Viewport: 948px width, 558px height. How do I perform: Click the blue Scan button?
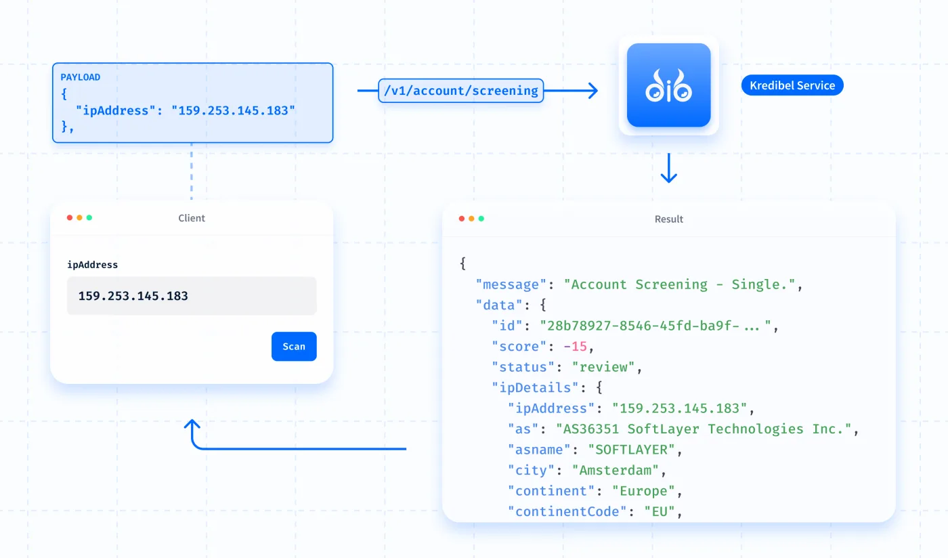pyautogui.click(x=294, y=346)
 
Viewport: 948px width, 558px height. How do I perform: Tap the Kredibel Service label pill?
pyautogui.click(x=792, y=85)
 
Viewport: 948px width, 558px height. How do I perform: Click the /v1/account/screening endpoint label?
pyautogui.click(x=461, y=91)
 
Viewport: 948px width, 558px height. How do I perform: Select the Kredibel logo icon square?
pyautogui.click(x=669, y=85)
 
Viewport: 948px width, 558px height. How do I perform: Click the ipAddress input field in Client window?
pyautogui.click(x=192, y=295)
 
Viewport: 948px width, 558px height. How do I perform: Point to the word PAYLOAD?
pyautogui.click(x=81, y=77)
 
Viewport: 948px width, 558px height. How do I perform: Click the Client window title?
pyautogui.click(x=191, y=218)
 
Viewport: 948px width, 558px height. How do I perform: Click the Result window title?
pyautogui.click(x=669, y=219)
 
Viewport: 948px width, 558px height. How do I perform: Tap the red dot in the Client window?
pyautogui.click(x=70, y=217)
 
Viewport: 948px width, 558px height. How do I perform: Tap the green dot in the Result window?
pyautogui.click(x=481, y=219)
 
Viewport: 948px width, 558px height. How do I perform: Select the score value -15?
pyautogui.click(x=576, y=346)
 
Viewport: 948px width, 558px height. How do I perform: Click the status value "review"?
pyautogui.click(x=603, y=367)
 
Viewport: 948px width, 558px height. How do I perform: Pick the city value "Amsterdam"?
pyautogui.click(x=616, y=470)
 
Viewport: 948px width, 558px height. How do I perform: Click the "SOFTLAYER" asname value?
pyautogui.click(x=631, y=450)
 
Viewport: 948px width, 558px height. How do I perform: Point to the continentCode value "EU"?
pyautogui.click(x=660, y=511)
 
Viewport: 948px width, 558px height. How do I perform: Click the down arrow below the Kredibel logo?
pyautogui.click(x=669, y=168)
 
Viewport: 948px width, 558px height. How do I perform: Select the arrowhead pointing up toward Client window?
pyautogui.click(x=192, y=425)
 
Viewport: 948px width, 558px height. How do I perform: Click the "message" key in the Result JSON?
pyautogui.click(x=511, y=284)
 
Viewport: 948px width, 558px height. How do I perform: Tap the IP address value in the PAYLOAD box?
pyautogui.click(x=233, y=110)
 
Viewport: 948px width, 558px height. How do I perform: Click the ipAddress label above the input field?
pyautogui.click(x=92, y=265)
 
